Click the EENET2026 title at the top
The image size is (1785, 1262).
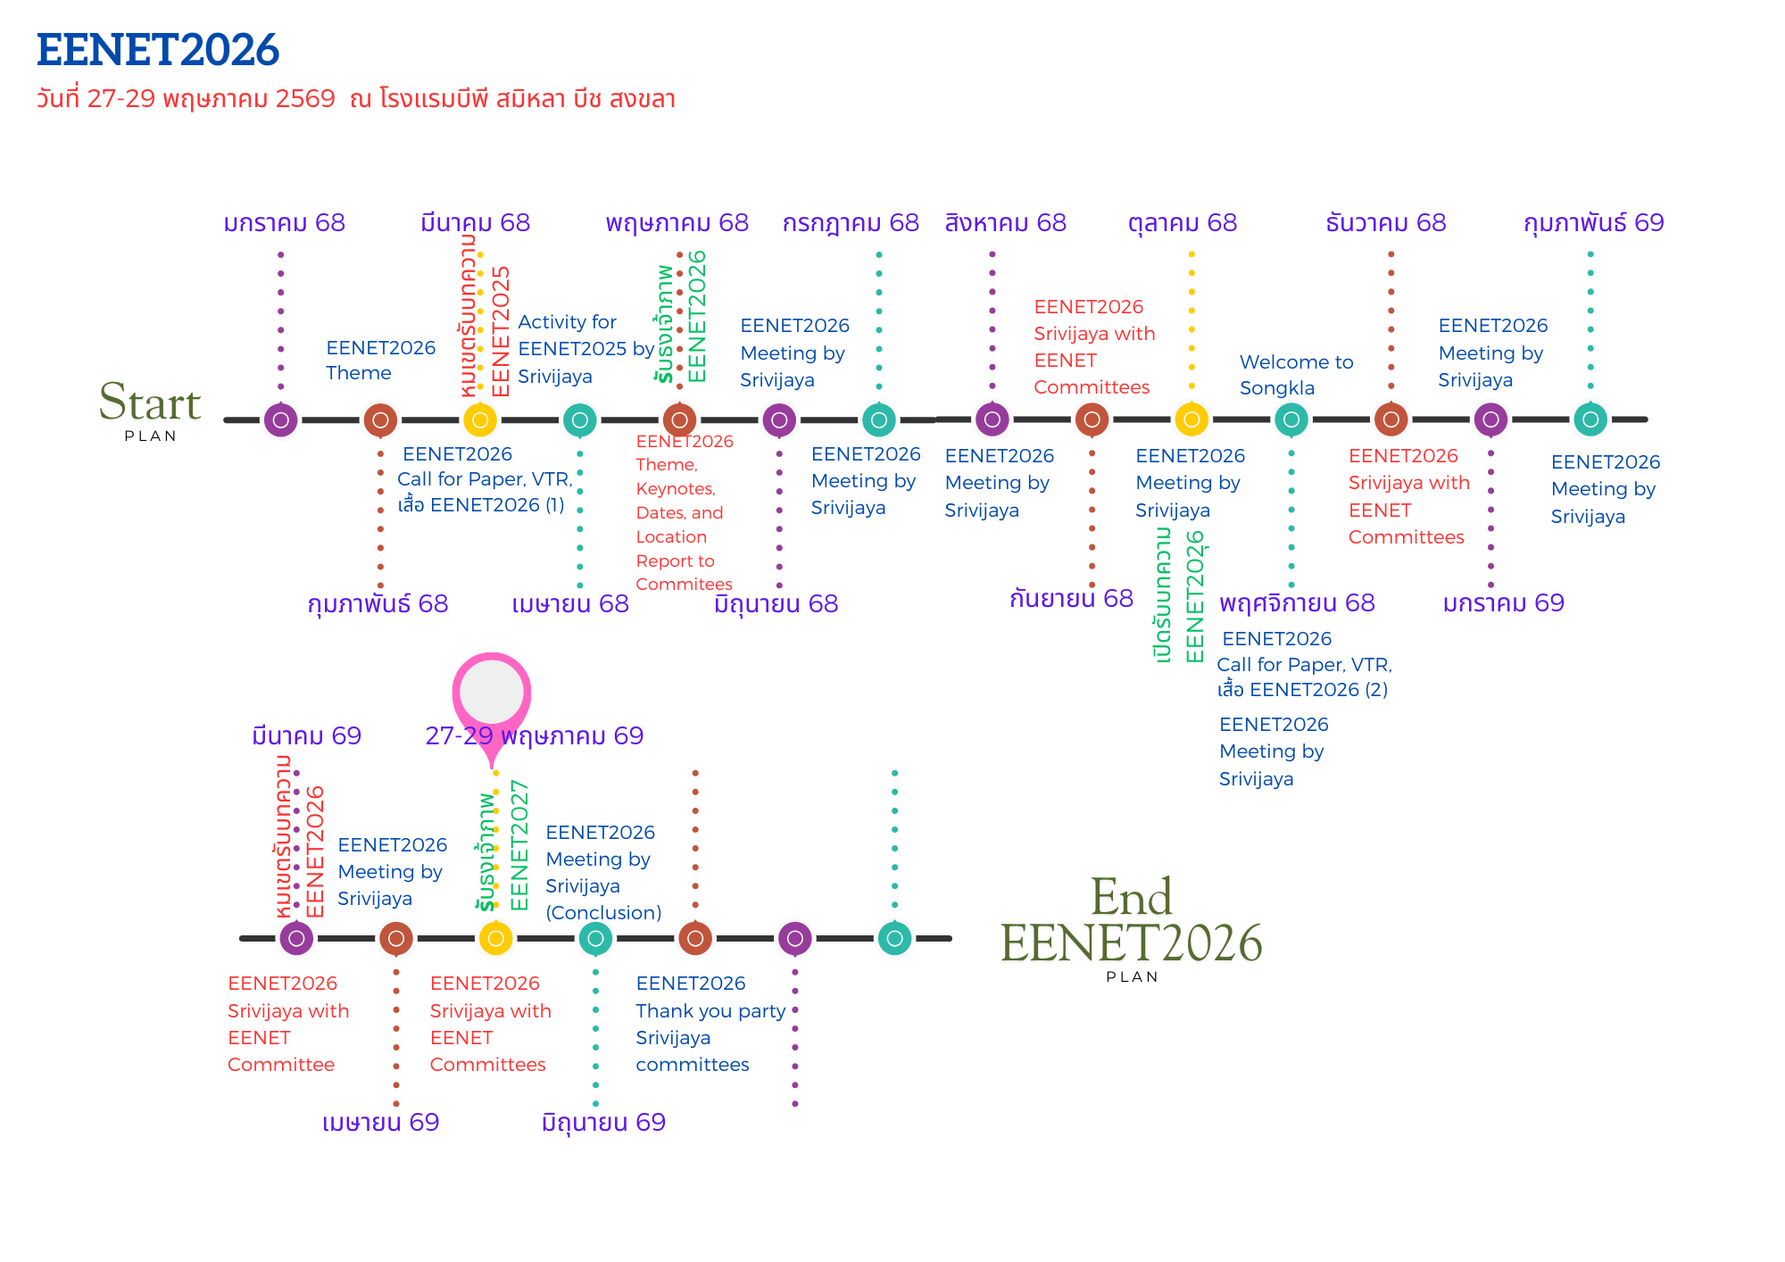[x=158, y=50]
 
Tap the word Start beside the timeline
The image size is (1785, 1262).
[x=150, y=403]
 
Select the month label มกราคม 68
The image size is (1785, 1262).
[x=284, y=223]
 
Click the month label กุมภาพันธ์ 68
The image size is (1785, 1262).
[x=378, y=604]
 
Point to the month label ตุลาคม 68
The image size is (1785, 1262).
[x=1183, y=223]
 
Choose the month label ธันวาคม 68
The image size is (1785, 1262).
[x=1385, y=223]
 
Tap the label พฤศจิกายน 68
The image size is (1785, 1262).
[x=1297, y=603]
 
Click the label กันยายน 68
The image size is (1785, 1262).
[x=1071, y=599]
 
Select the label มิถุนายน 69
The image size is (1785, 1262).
[x=603, y=1123]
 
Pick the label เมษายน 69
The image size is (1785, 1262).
[x=380, y=1123]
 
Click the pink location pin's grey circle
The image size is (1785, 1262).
[x=492, y=693]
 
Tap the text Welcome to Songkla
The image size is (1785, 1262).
[x=1296, y=375]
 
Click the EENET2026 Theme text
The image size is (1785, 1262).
[x=380, y=361]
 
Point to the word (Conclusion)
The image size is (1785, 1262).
[x=603, y=913]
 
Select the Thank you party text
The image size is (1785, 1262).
[x=710, y=1011]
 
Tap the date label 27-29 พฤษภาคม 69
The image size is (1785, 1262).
[x=534, y=736]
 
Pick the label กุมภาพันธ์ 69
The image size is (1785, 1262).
[x=1593, y=223]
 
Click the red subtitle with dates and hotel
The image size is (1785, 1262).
[x=355, y=99]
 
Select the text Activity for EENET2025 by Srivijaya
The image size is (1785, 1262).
[x=585, y=349]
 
